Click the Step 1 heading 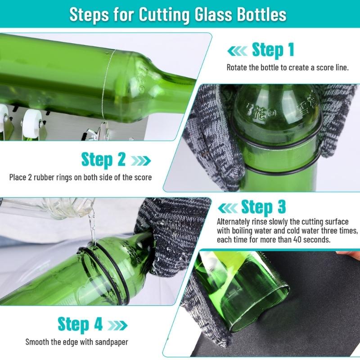[273, 49]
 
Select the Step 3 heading [263, 207]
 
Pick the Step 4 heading [80, 324]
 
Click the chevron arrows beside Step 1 [237, 50]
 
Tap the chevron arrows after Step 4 [116, 325]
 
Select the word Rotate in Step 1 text [237, 68]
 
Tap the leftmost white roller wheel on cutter [3, 115]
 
